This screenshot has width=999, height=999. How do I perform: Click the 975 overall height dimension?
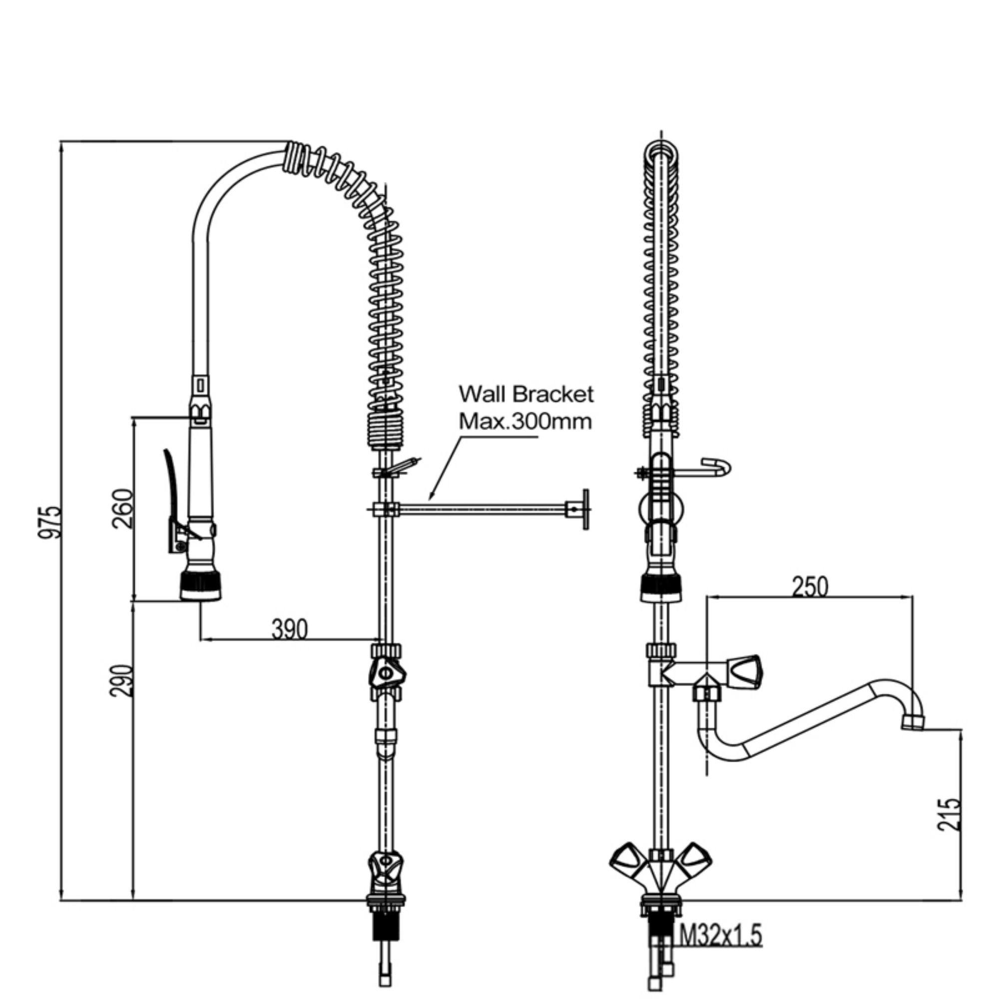click(x=50, y=522)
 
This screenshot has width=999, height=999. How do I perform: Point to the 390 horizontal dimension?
click(x=289, y=629)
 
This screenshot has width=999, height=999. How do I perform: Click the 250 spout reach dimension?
click(x=809, y=586)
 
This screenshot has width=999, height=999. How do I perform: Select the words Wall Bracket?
click(x=526, y=395)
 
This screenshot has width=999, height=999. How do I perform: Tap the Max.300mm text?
click(x=525, y=422)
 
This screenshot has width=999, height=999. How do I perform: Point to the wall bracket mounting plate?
click(x=585, y=509)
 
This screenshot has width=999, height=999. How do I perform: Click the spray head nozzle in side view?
click(x=201, y=585)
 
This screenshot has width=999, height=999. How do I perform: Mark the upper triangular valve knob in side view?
click(x=387, y=673)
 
